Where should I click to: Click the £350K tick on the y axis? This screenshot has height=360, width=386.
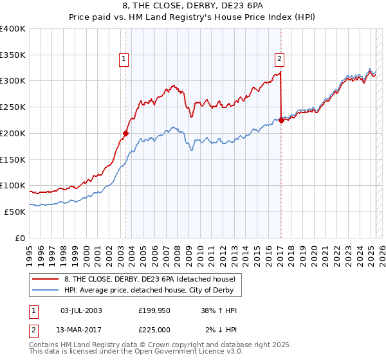[13, 55]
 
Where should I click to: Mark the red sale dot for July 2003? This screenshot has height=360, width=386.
[126, 134]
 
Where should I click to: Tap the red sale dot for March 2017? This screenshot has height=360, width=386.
[282, 120]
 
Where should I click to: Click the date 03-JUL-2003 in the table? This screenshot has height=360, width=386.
[81, 310]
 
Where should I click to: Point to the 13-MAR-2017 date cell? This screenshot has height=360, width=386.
[81, 329]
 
